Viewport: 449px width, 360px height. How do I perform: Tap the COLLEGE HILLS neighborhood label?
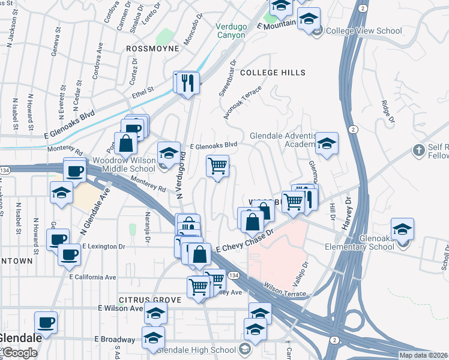point(273,73)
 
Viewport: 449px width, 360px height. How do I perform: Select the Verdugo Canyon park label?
point(231,31)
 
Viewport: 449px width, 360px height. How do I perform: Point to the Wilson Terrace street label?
point(285,292)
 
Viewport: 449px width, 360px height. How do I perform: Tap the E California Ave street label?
point(92,277)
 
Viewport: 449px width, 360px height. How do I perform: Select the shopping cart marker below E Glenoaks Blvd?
point(217,165)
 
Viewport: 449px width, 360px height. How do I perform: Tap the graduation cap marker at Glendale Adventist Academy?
point(327,143)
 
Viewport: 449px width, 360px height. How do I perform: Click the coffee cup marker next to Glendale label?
point(46,323)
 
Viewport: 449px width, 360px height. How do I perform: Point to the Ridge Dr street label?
point(388,112)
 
